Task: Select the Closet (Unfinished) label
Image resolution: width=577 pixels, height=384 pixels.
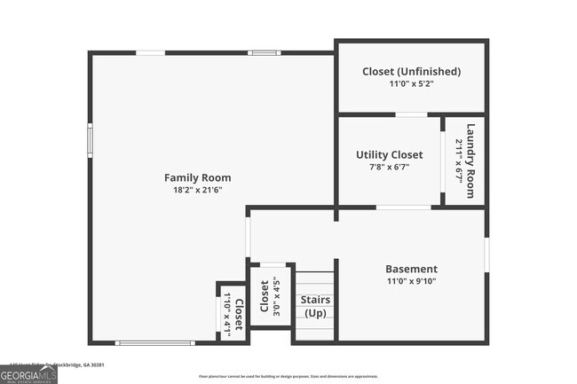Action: click(x=411, y=71)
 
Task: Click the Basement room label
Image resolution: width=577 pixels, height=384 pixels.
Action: click(x=411, y=269)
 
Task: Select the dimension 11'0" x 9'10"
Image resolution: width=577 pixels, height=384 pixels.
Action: click(x=411, y=281)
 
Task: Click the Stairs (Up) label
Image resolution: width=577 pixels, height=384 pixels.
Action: click(x=315, y=307)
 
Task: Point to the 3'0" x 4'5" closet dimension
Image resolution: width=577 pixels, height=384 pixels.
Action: click(x=276, y=296)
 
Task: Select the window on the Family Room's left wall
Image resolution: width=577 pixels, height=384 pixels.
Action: click(x=90, y=140)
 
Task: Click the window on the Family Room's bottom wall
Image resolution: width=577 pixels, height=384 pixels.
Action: click(x=155, y=343)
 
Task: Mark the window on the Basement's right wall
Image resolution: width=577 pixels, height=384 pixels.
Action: click(x=486, y=254)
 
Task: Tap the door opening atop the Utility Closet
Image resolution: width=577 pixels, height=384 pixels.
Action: click(x=410, y=115)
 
